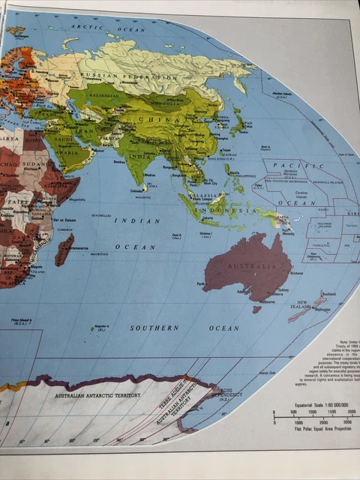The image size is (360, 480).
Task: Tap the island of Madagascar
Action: pos(64,250)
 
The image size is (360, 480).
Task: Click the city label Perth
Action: pos(201,284)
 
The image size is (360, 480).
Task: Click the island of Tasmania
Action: pos(256,308)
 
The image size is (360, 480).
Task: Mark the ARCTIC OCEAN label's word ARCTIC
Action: pos(87,27)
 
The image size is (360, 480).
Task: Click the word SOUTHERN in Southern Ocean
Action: pos(154,328)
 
